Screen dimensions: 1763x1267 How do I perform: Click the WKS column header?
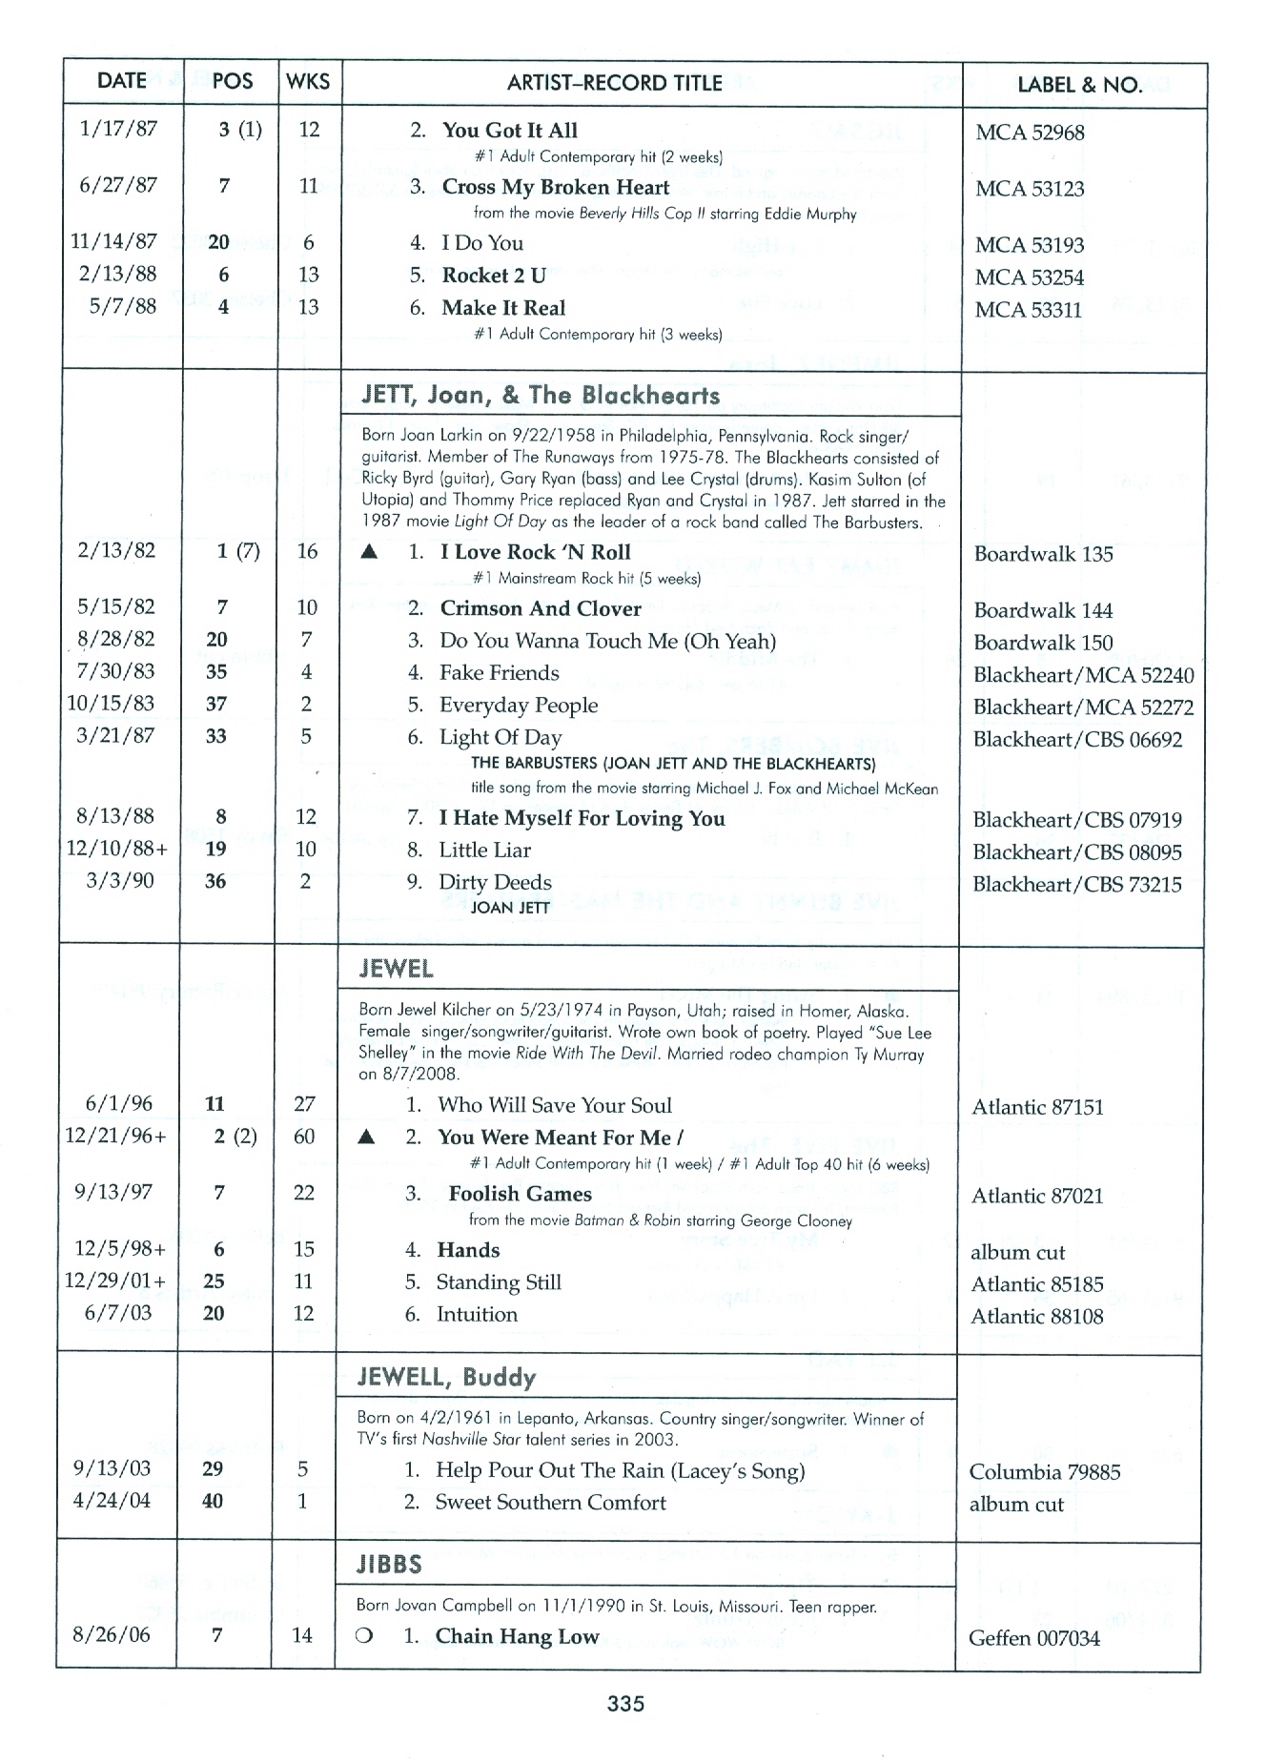[308, 82]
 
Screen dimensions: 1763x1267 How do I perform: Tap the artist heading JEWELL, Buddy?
[446, 1377]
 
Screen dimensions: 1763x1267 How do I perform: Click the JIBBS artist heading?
[389, 1564]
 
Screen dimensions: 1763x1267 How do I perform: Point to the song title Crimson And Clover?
[540, 608]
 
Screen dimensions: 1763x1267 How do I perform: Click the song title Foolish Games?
[520, 1194]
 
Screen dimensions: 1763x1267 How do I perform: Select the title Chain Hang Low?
[517, 1636]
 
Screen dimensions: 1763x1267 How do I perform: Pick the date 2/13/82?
[116, 550]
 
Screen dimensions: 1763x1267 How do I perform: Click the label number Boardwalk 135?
[1043, 554]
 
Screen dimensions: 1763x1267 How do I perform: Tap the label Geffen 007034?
[1033, 1638]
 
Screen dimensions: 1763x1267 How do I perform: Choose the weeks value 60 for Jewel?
[304, 1136]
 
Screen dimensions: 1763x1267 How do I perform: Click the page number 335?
[626, 1703]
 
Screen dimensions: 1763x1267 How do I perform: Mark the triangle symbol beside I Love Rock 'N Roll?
[370, 552]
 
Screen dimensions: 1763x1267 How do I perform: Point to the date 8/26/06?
[112, 1634]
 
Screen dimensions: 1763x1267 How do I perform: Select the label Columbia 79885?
[1044, 1471]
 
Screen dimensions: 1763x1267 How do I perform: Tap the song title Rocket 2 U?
[493, 276]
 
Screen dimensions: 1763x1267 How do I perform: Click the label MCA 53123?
[1029, 189]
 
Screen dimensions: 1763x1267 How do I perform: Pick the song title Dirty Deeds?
[495, 882]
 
